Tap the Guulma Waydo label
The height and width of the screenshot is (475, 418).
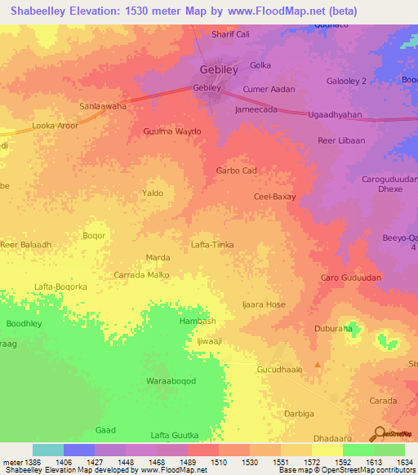pos(171,131)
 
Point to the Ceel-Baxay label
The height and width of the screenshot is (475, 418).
pos(274,197)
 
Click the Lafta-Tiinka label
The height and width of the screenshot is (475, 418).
pos(212,244)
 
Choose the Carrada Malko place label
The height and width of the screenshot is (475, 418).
pos(141,275)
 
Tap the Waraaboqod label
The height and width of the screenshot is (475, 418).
pos(171,381)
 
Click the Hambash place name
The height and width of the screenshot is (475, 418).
pos(197,322)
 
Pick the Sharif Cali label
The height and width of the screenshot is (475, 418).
pos(230,34)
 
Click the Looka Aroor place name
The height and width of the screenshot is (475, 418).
pos(54,127)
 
